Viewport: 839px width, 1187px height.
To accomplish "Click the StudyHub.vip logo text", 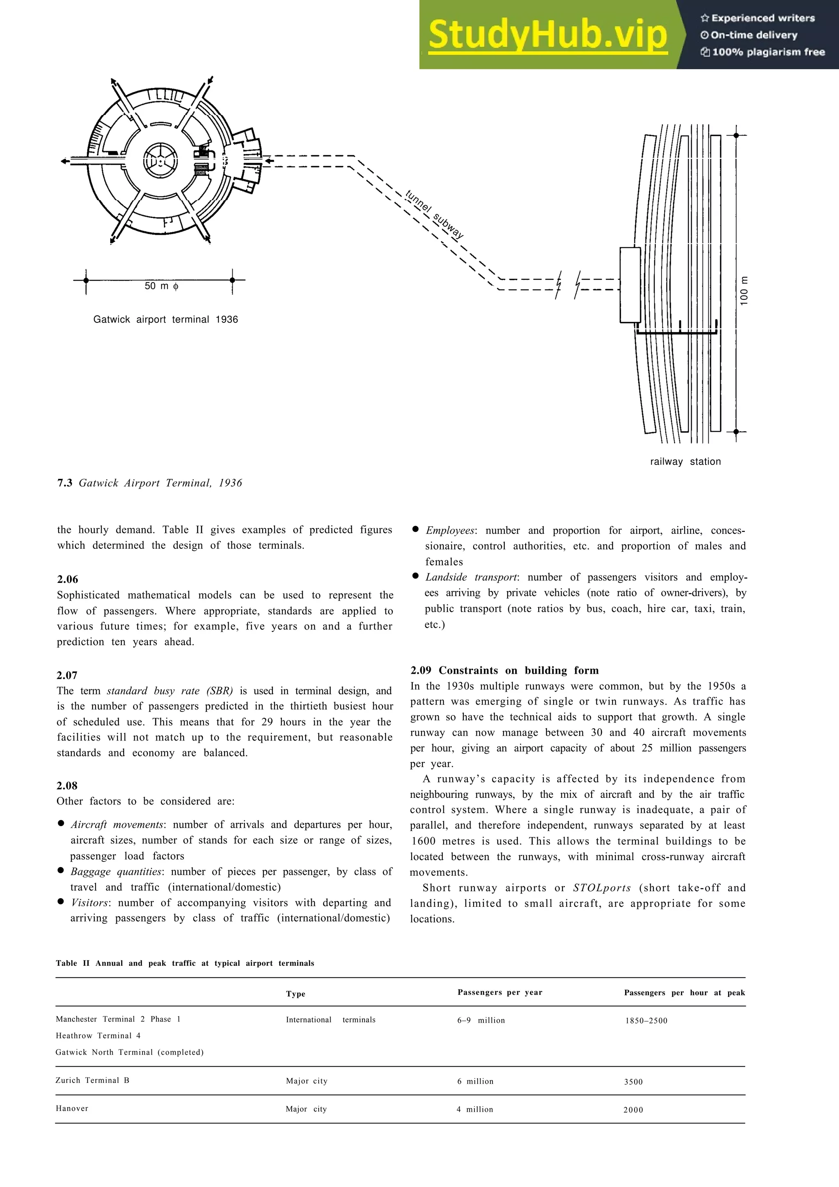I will [x=547, y=35].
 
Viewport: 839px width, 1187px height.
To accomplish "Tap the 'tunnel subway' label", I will [x=434, y=215].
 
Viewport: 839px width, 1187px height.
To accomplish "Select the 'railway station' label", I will [x=685, y=462].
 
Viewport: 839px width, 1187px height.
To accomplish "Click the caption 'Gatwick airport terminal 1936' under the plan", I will [x=166, y=319].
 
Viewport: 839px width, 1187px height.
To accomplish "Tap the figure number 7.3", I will [x=65, y=483].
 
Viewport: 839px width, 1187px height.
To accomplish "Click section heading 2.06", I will [x=67, y=579].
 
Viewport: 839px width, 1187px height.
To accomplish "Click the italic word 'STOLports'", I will [x=602, y=888].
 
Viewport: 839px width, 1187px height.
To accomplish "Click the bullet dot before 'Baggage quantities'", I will [x=61, y=871].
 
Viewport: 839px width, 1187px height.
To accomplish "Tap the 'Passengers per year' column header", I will [x=499, y=992].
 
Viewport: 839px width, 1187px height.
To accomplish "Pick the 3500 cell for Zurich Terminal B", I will [x=633, y=1082].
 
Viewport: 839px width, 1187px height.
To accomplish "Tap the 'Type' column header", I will [x=295, y=994].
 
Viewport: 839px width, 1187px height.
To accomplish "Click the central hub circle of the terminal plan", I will [x=160, y=162].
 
